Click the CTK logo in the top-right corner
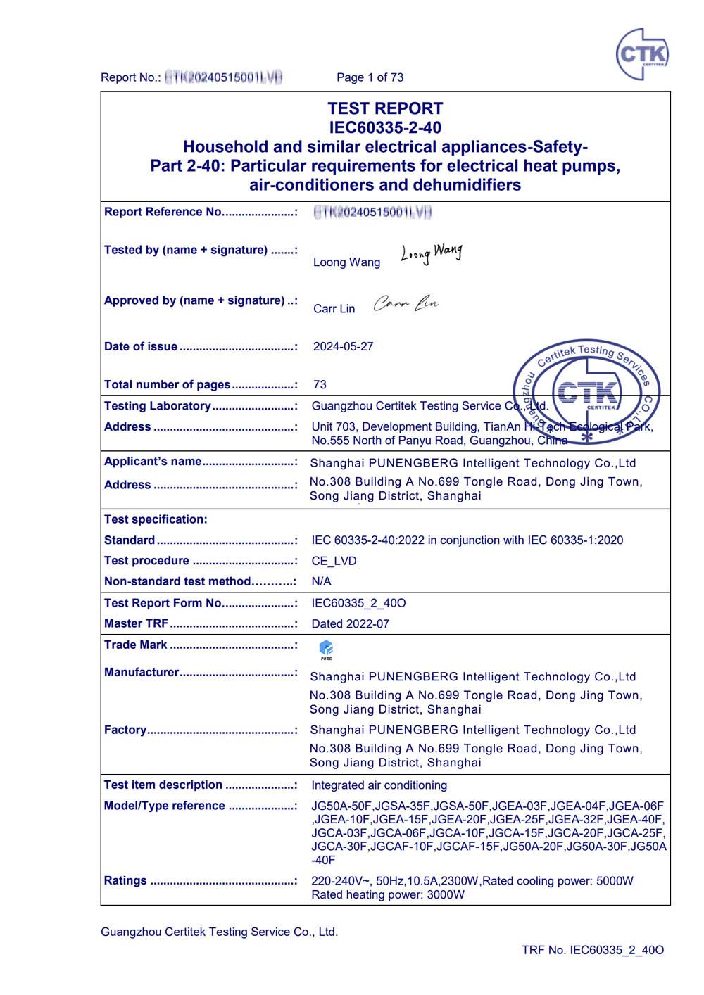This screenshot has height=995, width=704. pos(641,54)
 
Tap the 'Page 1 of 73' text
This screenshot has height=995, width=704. pos(370,77)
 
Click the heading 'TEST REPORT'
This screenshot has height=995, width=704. pos(385,108)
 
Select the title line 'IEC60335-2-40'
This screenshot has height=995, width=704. pos(385,127)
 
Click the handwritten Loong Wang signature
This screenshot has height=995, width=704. pos(432,253)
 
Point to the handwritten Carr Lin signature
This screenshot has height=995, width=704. pos(406,303)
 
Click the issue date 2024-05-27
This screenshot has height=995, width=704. pos(343,346)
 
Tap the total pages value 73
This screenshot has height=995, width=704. pos(320,384)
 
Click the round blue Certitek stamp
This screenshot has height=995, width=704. pos(586,393)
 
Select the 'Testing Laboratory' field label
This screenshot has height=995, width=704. pos(157,406)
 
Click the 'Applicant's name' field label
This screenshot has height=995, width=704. pos(153,462)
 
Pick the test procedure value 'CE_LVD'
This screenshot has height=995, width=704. pos(334,561)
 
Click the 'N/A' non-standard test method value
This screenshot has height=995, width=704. pos(321,581)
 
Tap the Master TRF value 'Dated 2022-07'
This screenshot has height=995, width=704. pos(350,623)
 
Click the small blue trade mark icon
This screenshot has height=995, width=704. pos(326,649)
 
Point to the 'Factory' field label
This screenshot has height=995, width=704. pos(125,730)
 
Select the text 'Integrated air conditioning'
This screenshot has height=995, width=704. pos(379,785)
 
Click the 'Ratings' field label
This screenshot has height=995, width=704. pos(125,880)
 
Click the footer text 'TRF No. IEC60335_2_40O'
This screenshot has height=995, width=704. pos(592,950)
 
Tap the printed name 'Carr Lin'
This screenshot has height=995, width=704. pos(334,309)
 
